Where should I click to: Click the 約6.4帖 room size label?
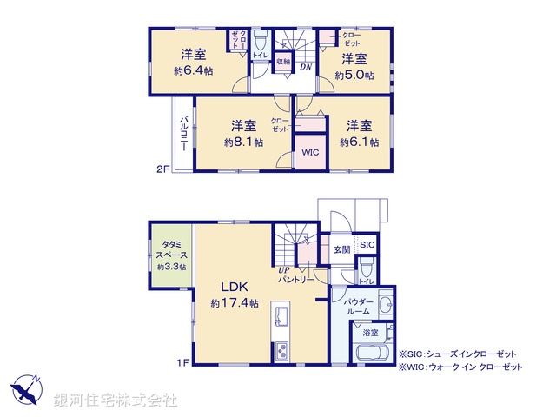click(193, 70)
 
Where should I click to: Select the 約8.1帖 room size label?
click(242, 142)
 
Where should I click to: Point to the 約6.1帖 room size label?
click(358, 142)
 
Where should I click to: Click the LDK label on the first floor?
click(235, 287)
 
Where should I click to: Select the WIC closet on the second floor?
click(310, 153)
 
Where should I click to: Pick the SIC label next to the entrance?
click(367, 245)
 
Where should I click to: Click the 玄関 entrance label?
click(341, 250)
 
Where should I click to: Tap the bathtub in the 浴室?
click(374, 355)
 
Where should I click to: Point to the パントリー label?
click(295, 280)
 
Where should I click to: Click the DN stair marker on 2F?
click(306, 67)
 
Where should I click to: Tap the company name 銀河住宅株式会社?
click(115, 400)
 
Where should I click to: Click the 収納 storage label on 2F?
click(282, 62)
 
